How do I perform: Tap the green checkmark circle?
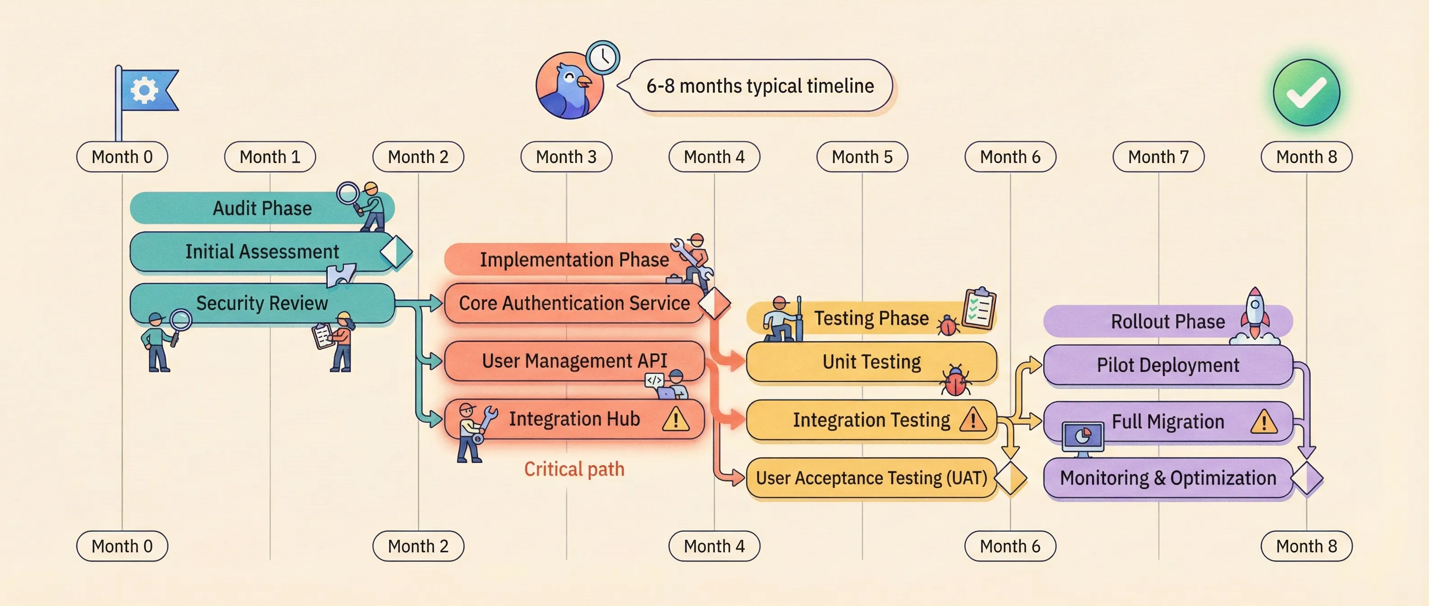pos(1306,92)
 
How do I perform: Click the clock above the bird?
pos(603,58)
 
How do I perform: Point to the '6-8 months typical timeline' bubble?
pos(760,86)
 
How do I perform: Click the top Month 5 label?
pos(862,157)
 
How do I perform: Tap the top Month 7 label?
pos(1158,157)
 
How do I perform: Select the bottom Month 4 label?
pos(714,546)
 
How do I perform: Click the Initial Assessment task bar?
pos(262,252)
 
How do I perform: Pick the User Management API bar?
pos(574,361)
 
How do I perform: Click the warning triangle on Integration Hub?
pos(676,420)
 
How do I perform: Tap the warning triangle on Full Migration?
pos(1264,422)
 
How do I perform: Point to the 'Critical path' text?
pos(574,469)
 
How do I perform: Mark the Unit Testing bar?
pos(871,362)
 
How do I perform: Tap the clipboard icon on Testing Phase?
pos(980,308)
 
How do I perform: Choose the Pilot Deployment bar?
pos(1168,365)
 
